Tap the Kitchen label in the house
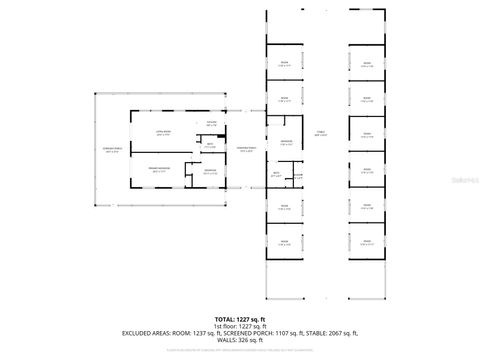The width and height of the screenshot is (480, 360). (211, 123)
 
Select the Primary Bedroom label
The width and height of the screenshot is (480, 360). (159, 169)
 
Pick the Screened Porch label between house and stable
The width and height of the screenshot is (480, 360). (245, 150)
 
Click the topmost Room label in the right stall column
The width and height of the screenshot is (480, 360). (367, 65)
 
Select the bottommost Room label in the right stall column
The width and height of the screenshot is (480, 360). (367, 241)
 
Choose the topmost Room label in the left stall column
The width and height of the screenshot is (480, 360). (284, 65)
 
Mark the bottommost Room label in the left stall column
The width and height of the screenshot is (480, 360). (284, 241)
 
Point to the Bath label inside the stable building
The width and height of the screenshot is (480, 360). (276, 174)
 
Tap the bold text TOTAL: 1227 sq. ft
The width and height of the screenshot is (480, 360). (240, 318)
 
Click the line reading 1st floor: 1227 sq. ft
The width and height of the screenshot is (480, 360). (240, 326)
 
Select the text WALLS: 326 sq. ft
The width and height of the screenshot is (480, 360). (240, 342)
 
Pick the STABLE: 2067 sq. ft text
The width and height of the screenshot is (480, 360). (332, 334)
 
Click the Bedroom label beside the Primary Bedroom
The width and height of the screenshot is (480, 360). (211, 171)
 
